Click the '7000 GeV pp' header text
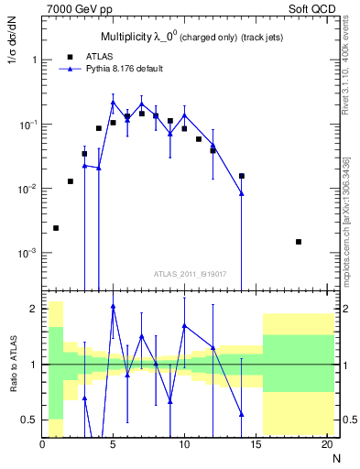coord(75,8)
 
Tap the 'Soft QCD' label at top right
coord(313,8)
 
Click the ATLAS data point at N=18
coord(299,242)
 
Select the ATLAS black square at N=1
coord(56,228)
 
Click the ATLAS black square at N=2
coord(71,181)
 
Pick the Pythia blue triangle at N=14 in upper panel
coord(242,193)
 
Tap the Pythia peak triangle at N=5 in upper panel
coord(113,102)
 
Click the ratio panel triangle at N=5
coord(113,307)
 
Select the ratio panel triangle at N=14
coord(242,414)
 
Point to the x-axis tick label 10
coord(184,445)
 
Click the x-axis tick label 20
coord(326,445)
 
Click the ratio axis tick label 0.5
coord(29,420)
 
